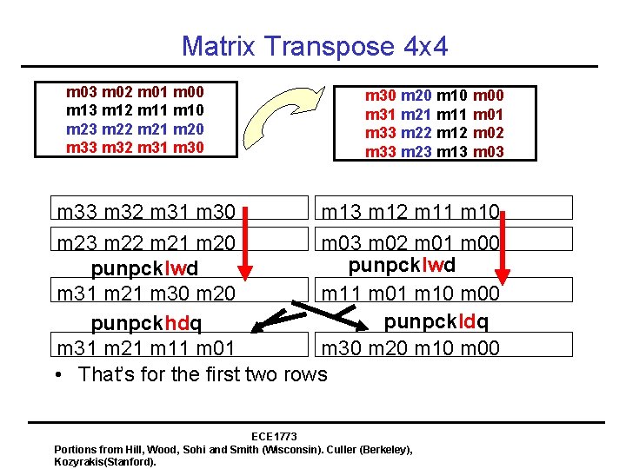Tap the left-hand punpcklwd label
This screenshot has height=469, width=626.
tap(144, 267)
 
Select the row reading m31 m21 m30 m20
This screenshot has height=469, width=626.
tap(145, 294)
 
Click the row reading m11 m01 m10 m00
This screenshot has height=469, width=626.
tap(410, 294)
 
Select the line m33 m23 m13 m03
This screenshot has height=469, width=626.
tap(435, 152)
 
